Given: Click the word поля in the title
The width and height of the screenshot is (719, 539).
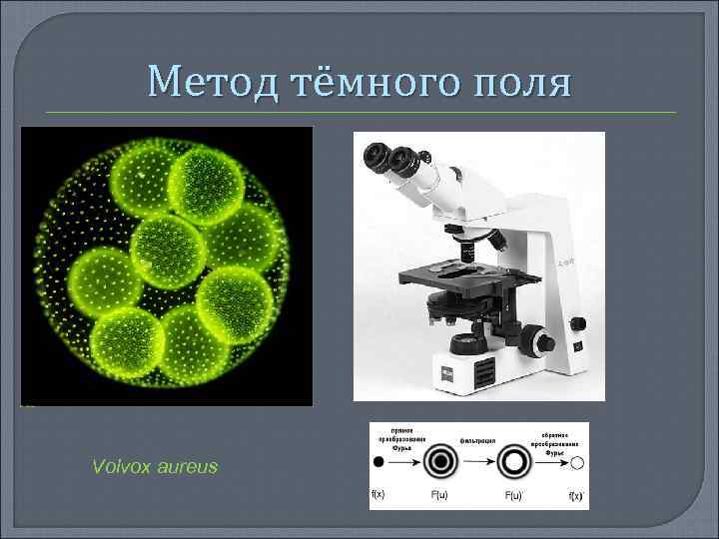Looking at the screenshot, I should [x=520, y=81].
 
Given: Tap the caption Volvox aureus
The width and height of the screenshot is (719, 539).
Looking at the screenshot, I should [x=154, y=466].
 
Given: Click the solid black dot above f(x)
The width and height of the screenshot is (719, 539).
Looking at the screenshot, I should [x=378, y=462].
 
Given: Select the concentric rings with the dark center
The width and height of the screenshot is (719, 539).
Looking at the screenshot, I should [x=439, y=462].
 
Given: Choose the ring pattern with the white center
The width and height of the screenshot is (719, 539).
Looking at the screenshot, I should [x=515, y=462].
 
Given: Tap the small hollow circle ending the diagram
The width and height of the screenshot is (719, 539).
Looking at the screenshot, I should [x=577, y=462].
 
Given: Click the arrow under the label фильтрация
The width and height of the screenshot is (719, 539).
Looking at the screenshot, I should [x=478, y=462].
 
